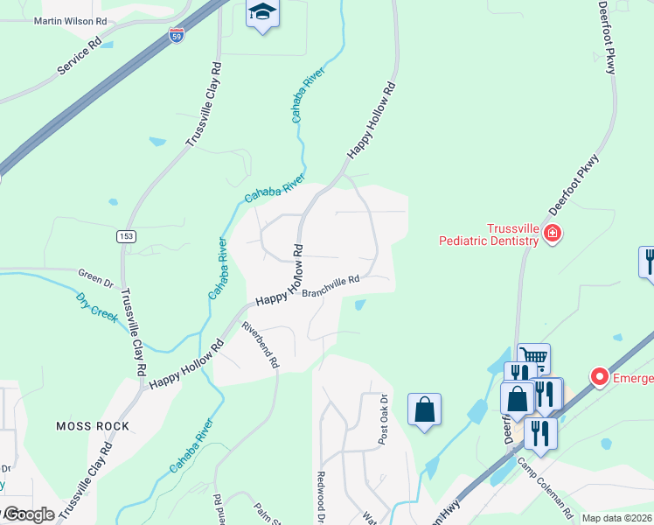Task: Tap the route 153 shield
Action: pyautogui.click(x=127, y=236)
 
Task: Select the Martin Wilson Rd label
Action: pyautogui.click(x=69, y=21)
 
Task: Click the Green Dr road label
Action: pyautogui.click(x=96, y=282)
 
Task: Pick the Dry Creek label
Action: pyautogui.click(x=96, y=307)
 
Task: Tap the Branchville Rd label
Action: pyautogui.click(x=331, y=286)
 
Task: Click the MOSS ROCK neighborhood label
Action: pyautogui.click(x=93, y=426)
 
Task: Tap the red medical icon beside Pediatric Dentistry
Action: pyautogui.click(x=552, y=233)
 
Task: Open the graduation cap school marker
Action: pyautogui.click(x=261, y=13)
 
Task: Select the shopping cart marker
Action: pyautogui.click(x=533, y=356)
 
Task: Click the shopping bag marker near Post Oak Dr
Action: pyautogui.click(x=424, y=409)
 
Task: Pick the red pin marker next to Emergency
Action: pyautogui.click(x=600, y=377)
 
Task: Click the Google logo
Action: pyautogui.click(x=28, y=514)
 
